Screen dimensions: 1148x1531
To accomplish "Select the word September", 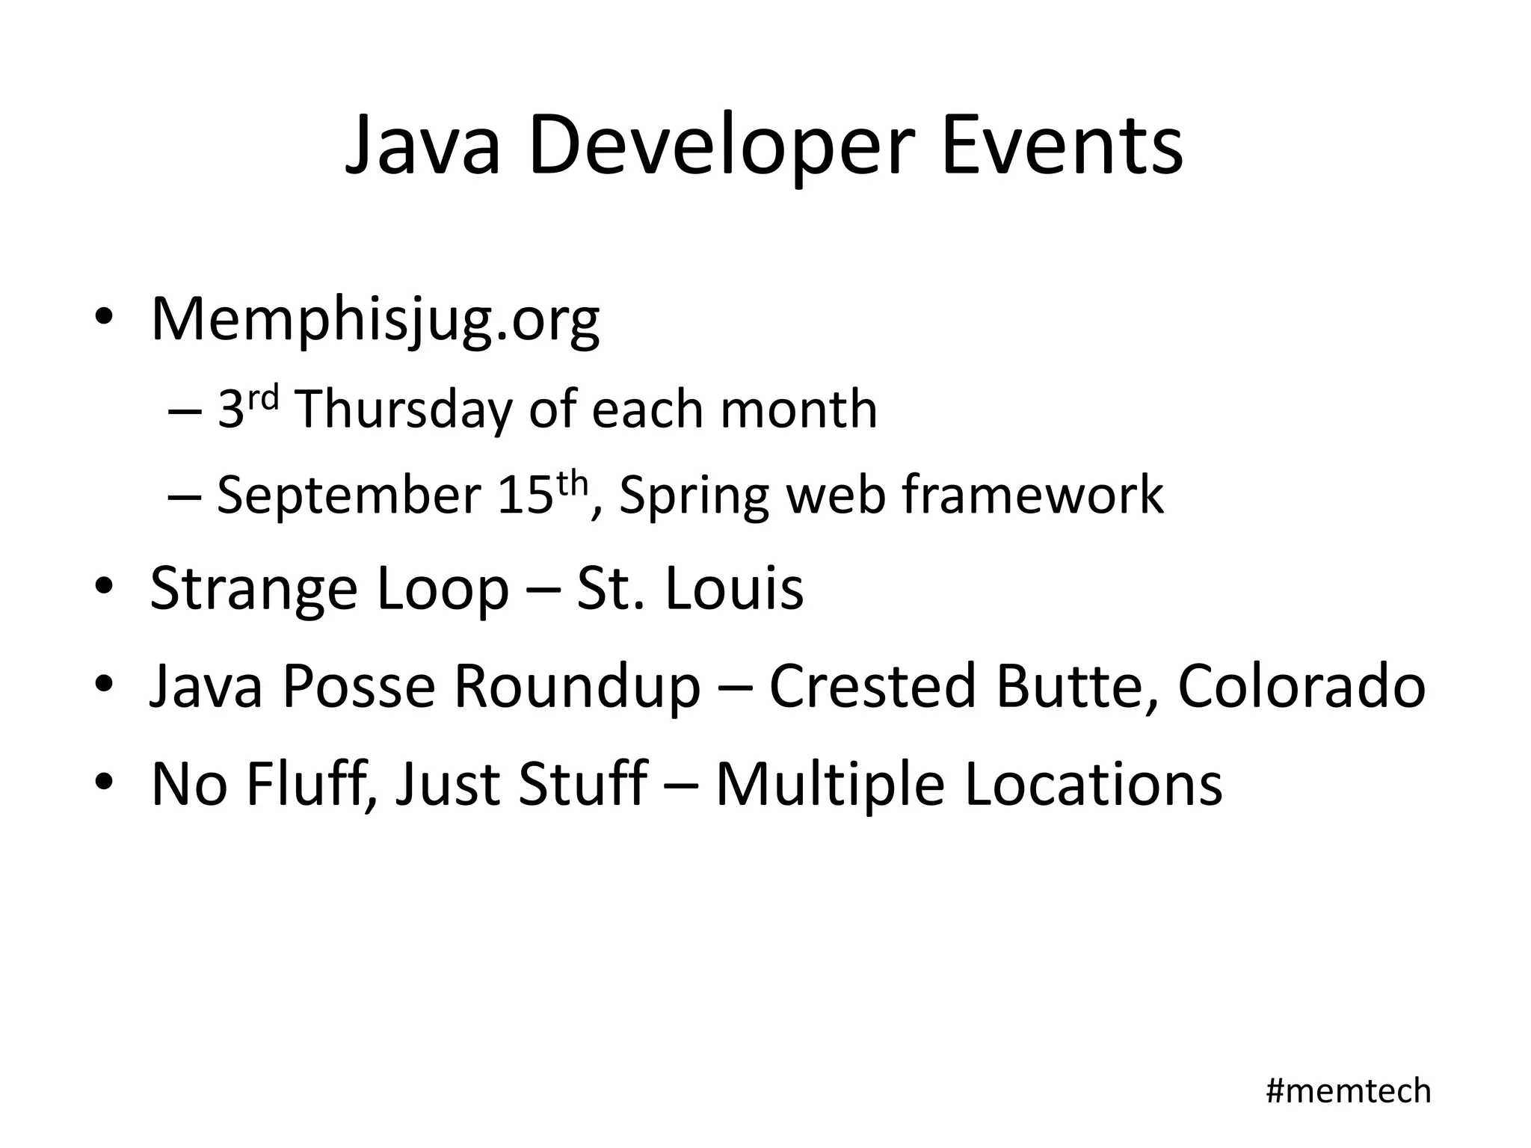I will pos(348,496).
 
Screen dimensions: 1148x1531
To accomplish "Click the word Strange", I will pos(254,589).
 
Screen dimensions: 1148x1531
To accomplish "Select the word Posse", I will pos(358,685).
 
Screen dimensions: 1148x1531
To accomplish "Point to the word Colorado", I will pos(1301,685).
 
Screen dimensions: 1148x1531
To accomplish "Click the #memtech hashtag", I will pos(1348,1091).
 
